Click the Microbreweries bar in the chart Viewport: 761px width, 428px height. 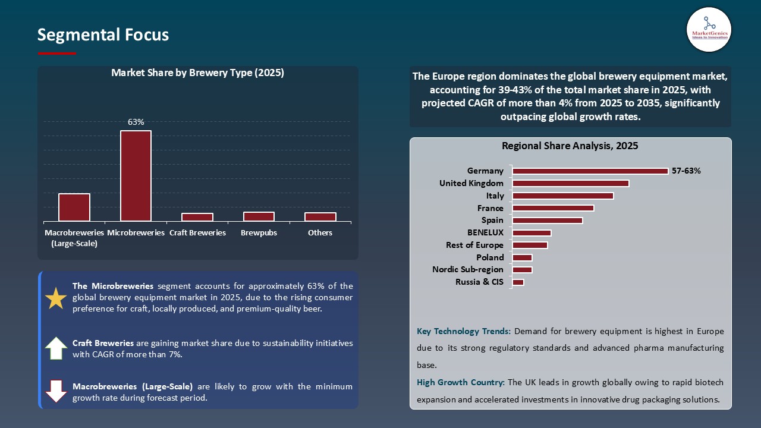(136, 176)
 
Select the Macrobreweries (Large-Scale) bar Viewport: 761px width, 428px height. (74, 207)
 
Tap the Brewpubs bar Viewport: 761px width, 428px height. (259, 216)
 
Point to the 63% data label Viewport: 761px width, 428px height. (136, 122)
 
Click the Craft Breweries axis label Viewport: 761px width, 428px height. (197, 232)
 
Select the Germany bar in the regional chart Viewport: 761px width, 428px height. (590, 171)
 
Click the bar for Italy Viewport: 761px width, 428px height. (562, 196)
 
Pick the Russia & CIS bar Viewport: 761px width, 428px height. (518, 282)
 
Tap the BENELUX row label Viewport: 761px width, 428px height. (485, 232)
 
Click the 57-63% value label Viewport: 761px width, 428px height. (686, 171)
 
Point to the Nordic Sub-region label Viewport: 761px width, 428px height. (467, 270)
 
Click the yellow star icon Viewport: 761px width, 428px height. (56, 298)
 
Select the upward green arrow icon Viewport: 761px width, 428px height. (56, 348)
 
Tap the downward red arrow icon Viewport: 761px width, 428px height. (56, 391)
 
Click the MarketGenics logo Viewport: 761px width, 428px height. (709, 29)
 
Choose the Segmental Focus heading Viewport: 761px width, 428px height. (103, 35)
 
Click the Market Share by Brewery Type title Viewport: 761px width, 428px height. (197, 73)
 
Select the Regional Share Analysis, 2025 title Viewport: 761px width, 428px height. (570, 146)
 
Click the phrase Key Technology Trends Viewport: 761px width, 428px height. (464, 331)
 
